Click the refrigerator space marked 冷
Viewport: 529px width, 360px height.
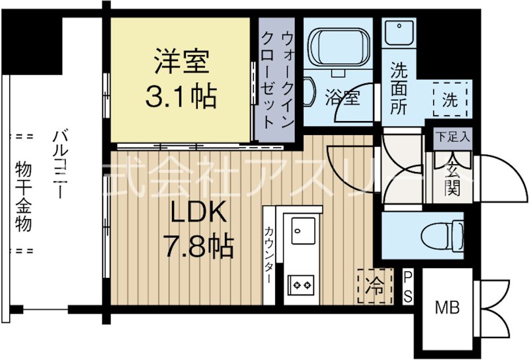pyautogui.click(x=375, y=287)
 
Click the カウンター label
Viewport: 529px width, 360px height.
pyautogui.click(x=270, y=255)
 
